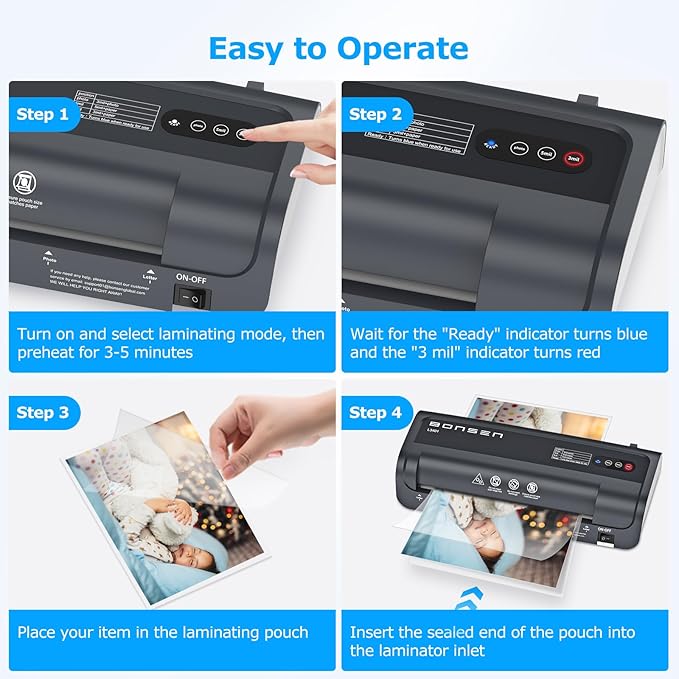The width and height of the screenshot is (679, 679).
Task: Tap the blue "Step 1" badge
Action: pos(48,114)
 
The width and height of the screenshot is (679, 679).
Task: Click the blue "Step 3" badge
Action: pos(48,412)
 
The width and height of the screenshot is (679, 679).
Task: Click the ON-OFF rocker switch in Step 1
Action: pos(193,297)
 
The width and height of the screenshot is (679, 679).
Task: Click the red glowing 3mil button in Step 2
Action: pos(574,157)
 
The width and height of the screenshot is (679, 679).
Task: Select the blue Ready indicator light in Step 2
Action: pos(490,146)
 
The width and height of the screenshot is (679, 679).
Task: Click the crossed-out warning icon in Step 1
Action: pos(22,184)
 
